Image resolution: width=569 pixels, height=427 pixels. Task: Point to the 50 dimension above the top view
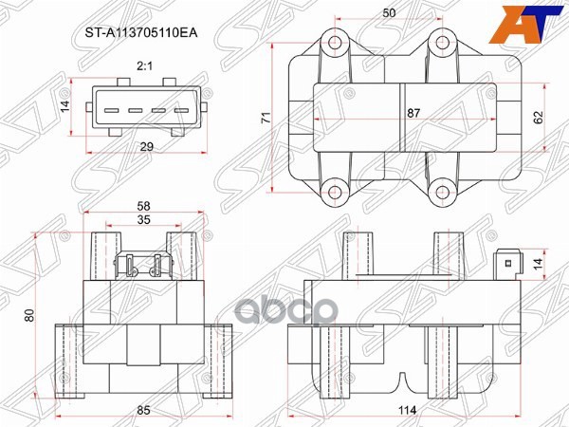(389, 13)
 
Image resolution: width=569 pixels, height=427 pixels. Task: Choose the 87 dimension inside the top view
(413, 113)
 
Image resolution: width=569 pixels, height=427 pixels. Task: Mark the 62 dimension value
(539, 117)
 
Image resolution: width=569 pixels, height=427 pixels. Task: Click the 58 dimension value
(143, 205)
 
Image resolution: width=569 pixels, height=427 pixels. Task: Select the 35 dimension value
(143, 219)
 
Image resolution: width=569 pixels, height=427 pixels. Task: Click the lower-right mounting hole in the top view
(439, 191)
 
